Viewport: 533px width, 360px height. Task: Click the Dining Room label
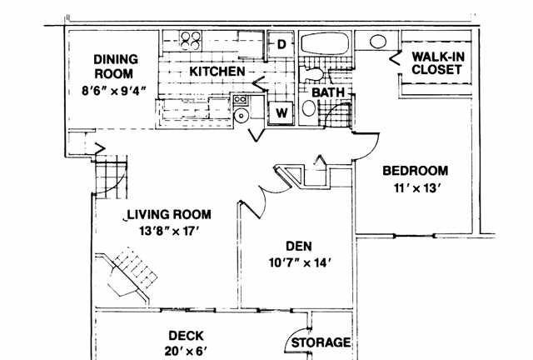(x=116, y=67)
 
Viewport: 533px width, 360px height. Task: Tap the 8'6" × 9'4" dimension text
(x=114, y=91)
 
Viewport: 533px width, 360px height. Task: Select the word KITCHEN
(x=217, y=72)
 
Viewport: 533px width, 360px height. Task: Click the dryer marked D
(x=281, y=44)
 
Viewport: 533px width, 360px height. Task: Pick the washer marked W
(x=281, y=112)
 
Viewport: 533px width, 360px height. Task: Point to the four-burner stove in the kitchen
(x=191, y=41)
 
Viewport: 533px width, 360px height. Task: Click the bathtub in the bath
(x=326, y=42)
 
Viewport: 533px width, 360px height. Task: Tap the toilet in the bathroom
(x=313, y=74)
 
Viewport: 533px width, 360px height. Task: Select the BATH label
(x=328, y=92)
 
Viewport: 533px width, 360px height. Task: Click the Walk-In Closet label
(x=437, y=63)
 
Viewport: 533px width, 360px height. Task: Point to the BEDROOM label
(x=415, y=171)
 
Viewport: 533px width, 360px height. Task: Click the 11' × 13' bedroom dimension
(x=416, y=187)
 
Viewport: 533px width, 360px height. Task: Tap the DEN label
(x=299, y=246)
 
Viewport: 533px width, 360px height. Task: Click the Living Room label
(x=169, y=214)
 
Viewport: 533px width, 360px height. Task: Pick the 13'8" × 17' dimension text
(x=169, y=232)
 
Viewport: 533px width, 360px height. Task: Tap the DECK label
(x=186, y=336)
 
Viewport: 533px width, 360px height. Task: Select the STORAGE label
(x=321, y=342)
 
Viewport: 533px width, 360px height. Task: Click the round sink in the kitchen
(x=242, y=116)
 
